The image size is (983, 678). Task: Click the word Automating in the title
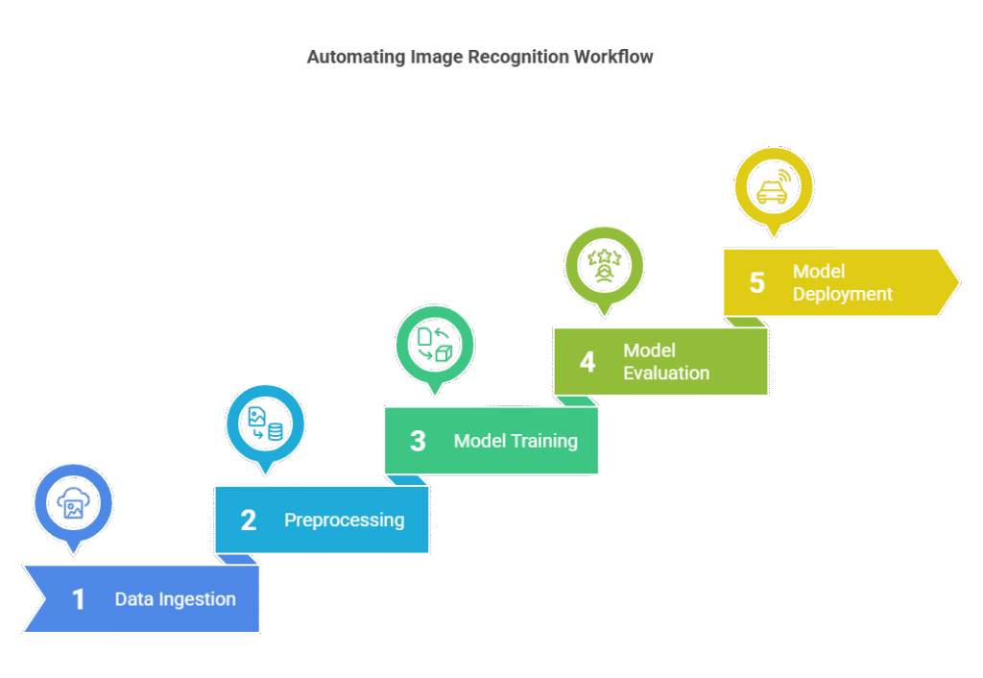coord(356,57)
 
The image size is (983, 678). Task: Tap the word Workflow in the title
coord(613,57)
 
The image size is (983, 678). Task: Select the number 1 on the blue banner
coord(79,599)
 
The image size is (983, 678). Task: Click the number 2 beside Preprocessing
coord(249,520)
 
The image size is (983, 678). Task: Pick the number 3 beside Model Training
coord(418,441)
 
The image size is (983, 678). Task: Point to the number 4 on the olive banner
coord(587,362)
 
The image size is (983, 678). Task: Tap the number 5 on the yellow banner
coord(757,283)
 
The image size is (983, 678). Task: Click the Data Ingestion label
coord(176,599)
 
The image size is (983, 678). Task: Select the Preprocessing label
coord(345,520)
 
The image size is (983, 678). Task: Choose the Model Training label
coord(515,441)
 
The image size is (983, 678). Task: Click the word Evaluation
coord(666,374)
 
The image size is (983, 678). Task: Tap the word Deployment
coord(843,294)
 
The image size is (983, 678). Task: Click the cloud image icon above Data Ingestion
coord(73,503)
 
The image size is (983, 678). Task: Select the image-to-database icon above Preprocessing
coord(266,424)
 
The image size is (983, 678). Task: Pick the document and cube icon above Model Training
coord(435,345)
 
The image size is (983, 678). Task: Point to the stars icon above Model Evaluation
coord(605,265)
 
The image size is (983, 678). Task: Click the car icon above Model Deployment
coord(774,186)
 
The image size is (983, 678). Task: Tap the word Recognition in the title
coord(519,57)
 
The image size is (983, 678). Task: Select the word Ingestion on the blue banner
coord(198,599)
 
